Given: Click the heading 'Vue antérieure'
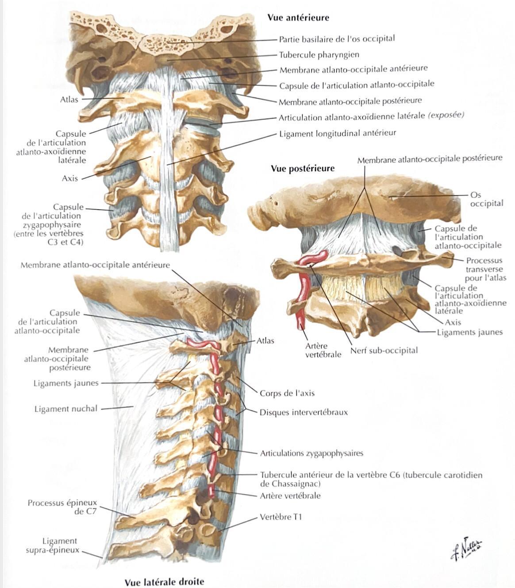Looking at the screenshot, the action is [298, 18].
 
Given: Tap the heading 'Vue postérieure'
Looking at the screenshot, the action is [303, 169].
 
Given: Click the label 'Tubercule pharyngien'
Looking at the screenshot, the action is [319, 55].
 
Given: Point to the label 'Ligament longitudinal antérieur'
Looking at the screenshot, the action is [338, 134].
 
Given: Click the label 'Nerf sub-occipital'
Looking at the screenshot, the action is [384, 350].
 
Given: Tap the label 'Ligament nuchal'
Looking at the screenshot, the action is [66, 409].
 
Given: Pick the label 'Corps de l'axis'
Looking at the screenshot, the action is [287, 393].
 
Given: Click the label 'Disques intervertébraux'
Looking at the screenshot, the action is [304, 412].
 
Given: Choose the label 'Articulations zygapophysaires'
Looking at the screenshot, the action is [311, 453].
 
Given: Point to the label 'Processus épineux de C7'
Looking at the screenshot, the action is [62, 507].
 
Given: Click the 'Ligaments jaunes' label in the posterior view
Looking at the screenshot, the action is [469, 333].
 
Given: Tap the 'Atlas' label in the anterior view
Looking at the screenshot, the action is [69, 100].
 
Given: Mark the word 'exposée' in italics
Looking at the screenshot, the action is [446, 115].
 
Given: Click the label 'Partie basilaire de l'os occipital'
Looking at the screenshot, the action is [337, 39].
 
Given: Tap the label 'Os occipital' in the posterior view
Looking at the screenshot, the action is [487, 199].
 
